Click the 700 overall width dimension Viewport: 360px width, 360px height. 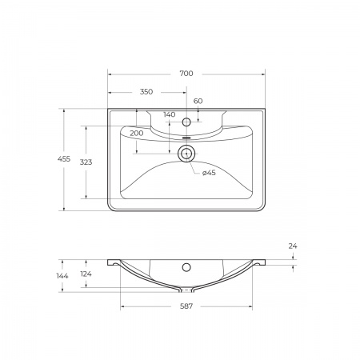186,74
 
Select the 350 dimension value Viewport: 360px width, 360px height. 146,92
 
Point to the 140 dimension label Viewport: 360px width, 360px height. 169,114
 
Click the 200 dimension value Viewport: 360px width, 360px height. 136,132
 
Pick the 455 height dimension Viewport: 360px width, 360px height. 52,160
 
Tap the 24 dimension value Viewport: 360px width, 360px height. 293,246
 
